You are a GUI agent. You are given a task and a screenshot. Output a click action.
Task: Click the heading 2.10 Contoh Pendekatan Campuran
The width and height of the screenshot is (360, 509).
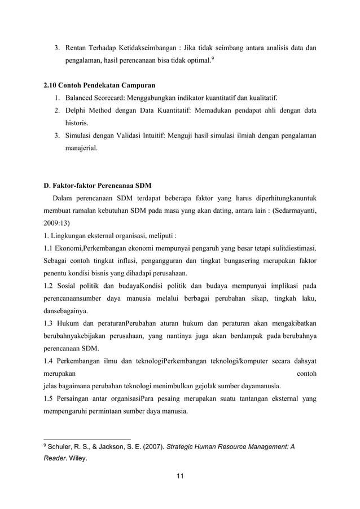(x=99, y=85)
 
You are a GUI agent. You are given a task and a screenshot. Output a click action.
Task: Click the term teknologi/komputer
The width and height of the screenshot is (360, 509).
(x=227, y=359)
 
